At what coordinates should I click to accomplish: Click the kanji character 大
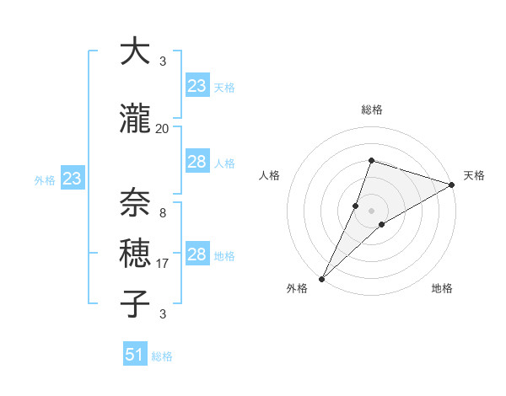(x=135, y=52)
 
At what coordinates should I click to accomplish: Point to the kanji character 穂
(x=135, y=253)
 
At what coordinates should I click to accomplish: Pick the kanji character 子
(x=135, y=302)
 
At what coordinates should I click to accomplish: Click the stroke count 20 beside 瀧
(x=162, y=128)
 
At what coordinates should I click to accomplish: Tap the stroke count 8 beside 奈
(x=162, y=212)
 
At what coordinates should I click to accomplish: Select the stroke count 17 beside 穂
(x=162, y=264)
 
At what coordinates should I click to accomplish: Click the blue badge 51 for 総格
(x=135, y=355)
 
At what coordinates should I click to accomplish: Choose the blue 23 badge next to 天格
(x=196, y=86)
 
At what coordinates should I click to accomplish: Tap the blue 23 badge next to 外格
(x=72, y=179)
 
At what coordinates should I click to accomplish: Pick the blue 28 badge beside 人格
(x=196, y=162)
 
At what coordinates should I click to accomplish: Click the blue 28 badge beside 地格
(x=196, y=255)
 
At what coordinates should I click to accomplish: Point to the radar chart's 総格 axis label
(x=371, y=110)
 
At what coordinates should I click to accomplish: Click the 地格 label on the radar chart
(x=442, y=288)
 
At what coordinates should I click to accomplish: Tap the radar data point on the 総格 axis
(x=371, y=160)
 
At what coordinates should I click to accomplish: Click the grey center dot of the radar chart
(x=371, y=211)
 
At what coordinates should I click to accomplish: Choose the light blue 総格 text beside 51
(x=162, y=356)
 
